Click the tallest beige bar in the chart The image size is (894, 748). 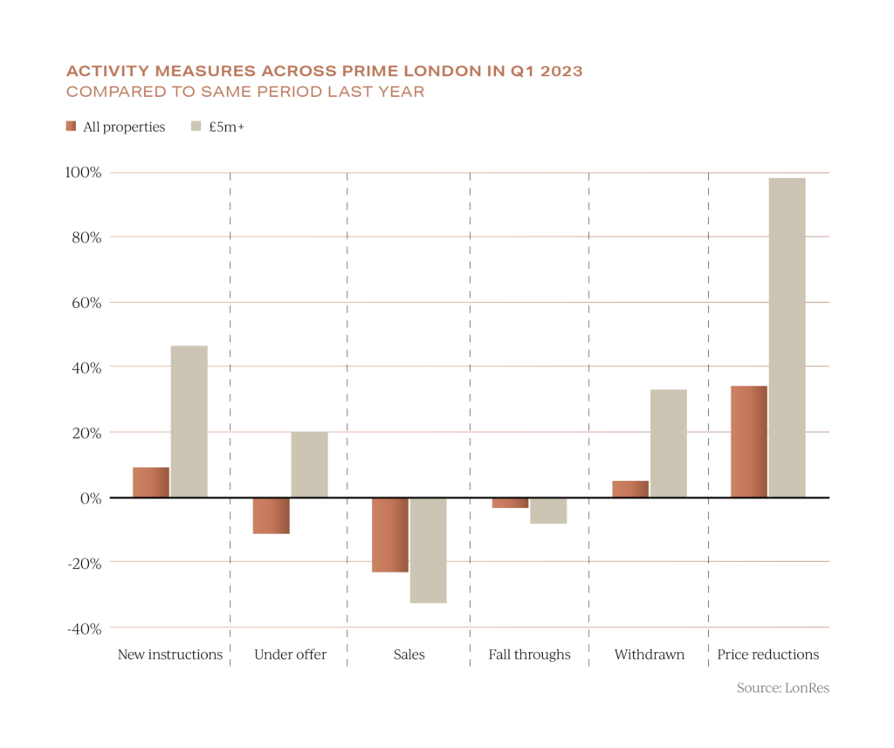tap(787, 337)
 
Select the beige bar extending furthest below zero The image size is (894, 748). tap(429, 551)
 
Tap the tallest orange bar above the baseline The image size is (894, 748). tap(749, 441)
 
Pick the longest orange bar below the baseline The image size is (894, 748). tap(390, 536)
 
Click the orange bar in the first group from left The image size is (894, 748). tap(151, 482)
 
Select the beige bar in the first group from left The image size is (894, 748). tap(189, 421)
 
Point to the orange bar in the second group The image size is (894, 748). tap(272, 516)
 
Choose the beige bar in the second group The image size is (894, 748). tap(309, 463)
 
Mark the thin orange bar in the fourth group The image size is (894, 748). tap(511, 504)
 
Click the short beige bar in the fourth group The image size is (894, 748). tap(548, 511)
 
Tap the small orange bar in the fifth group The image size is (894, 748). tap(630, 489)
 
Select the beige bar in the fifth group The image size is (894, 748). tap(669, 443)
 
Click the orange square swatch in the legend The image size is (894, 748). tap(71, 126)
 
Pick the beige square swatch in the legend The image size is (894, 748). tap(196, 126)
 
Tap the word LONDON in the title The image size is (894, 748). tap(439, 72)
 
